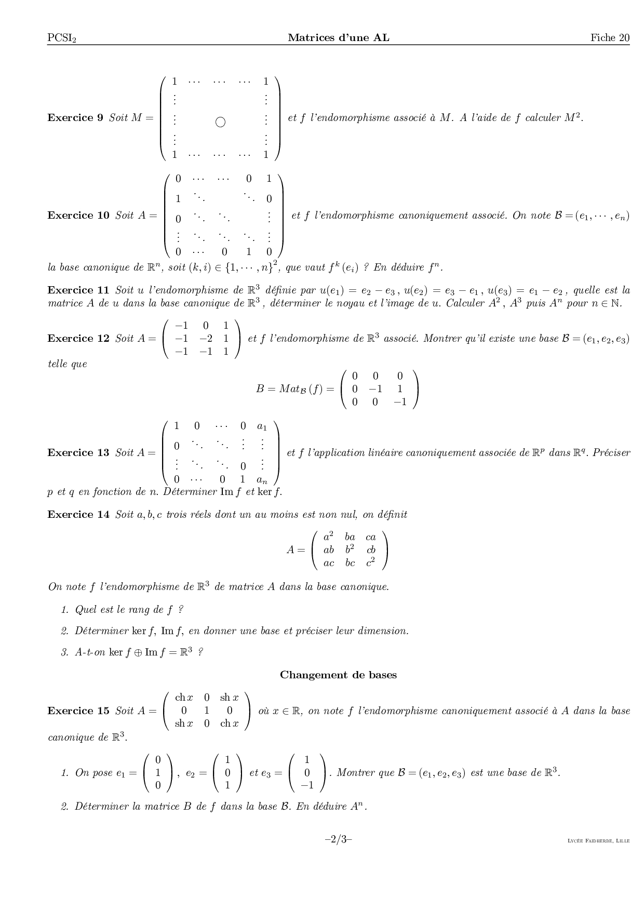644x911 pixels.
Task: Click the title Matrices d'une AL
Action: coord(338,37)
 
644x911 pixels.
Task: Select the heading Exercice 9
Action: coord(75,117)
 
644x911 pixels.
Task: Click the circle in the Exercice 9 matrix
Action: coord(220,123)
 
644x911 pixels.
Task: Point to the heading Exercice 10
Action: coord(78,215)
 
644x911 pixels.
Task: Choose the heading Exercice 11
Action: coord(78,290)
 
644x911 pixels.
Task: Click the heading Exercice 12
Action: coord(78,339)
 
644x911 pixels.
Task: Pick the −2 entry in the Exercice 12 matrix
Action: coord(206,339)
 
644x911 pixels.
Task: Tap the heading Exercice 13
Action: coord(78,452)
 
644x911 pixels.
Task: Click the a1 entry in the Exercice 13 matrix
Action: coord(262,427)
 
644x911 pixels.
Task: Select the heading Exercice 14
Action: coord(78,514)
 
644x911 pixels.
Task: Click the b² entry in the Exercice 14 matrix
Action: coord(350,550)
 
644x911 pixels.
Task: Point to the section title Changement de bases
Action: coord(338,675)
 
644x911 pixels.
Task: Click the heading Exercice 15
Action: coord(78,711)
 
